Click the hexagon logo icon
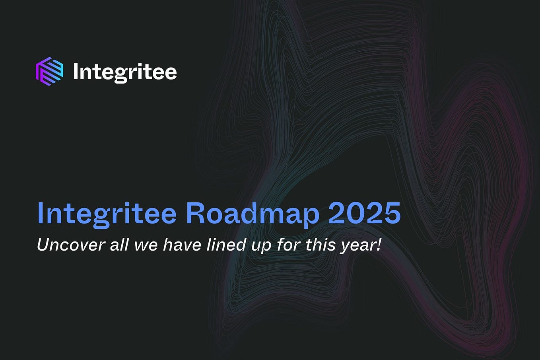[x=50, y=72]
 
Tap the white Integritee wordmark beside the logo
[x=125, y=72]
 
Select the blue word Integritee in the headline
[x=107, y=214]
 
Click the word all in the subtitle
[x=120, y=245]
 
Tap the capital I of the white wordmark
[x=76, y=72]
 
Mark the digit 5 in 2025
[x=391, y=214]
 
